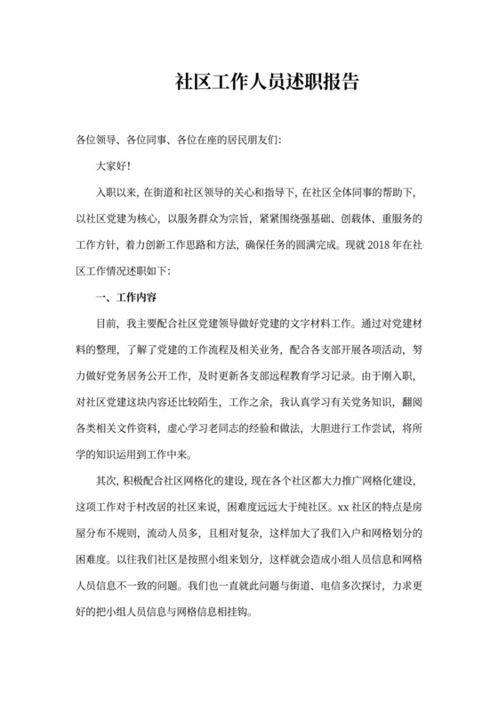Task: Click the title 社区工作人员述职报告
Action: pos(267,83)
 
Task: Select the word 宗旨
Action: pos(246,217)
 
